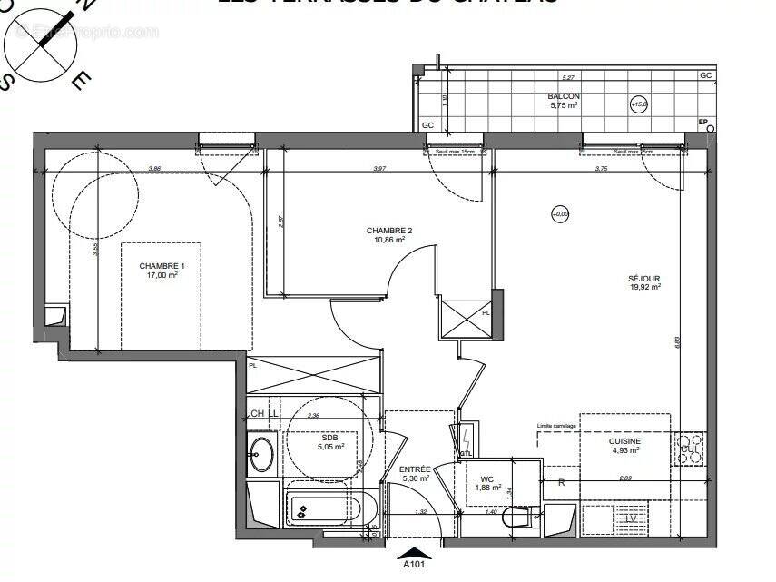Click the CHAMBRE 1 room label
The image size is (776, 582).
coord(162,265)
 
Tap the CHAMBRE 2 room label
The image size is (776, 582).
coord(388,231)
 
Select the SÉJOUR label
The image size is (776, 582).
coord(643,278)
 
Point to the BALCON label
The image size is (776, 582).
coord(563,96)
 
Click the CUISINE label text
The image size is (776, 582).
coord(624,440)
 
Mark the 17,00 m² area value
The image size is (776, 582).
coord(162,274)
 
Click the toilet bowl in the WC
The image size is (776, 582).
coord(516,519)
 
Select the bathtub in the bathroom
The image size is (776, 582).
coord(323,509)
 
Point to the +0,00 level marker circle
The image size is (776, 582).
coord(559,214)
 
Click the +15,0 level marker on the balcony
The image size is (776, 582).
coord(639,104)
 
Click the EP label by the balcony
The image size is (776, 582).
coord(702,122)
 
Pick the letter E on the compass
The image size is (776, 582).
coord(81,81)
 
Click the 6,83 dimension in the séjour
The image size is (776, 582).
coord(676,342)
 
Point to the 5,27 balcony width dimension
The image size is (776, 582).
coord(568,78)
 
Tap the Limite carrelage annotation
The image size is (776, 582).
coord(555,426)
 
